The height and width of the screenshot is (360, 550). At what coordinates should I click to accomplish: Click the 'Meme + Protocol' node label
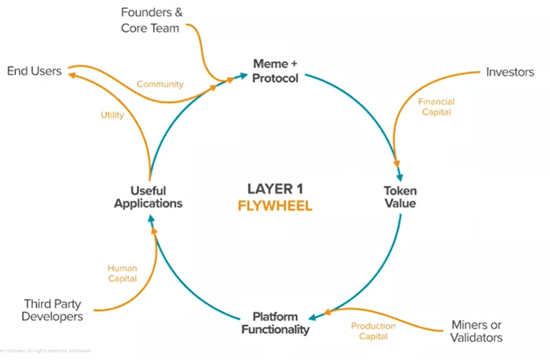click(x=275, y=71)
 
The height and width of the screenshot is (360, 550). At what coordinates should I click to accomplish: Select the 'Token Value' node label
click(x=400, y=197)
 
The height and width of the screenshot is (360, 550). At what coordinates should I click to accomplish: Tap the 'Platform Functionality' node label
click(x=275, y=323)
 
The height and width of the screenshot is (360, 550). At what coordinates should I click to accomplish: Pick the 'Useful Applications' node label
click(x=148, y=197)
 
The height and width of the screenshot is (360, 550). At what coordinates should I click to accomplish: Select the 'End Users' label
click(x=34, y=71)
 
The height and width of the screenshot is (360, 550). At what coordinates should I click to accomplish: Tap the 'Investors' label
click(x=510, y=72)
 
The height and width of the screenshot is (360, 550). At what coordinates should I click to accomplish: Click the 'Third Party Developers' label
click(x=52, y=310)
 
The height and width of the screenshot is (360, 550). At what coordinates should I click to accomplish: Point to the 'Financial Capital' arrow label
click(x=435, y=106)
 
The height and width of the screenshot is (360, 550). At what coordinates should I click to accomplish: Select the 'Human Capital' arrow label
click(x=122, y=273)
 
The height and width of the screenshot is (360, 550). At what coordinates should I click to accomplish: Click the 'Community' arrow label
click(x=160, y=84)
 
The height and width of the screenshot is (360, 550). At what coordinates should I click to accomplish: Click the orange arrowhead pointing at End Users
click(x=70, y=75)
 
